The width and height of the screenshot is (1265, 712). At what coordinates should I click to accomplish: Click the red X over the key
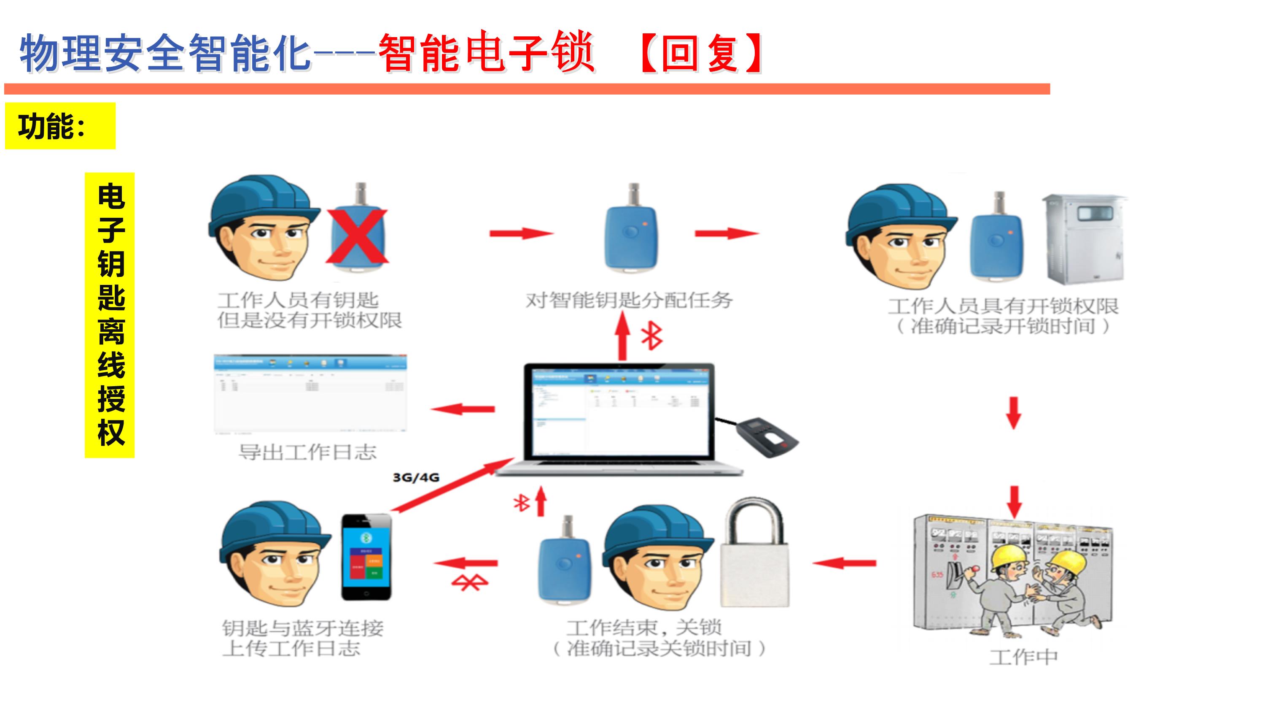pos(358,236)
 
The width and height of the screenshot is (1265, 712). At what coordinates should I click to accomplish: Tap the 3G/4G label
pos(416,477)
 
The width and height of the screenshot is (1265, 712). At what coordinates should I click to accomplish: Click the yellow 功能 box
pos(60,126)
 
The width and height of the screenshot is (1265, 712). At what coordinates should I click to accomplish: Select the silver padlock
pos(754,555)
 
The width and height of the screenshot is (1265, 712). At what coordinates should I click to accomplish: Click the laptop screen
pos(620,413)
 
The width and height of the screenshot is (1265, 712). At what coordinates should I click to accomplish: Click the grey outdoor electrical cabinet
pos(1084,239)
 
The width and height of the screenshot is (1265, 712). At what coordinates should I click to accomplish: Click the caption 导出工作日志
pos(307,452)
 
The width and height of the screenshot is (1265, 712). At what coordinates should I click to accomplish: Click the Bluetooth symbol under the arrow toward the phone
pos(469,583)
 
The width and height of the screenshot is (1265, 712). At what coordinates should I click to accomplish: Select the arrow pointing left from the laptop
pos(463,409)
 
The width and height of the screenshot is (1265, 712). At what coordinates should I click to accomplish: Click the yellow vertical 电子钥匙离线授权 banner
pos(110,315)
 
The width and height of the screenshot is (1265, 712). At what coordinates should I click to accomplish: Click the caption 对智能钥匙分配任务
pos(629,300)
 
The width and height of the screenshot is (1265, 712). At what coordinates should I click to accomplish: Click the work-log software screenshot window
pos(310,393)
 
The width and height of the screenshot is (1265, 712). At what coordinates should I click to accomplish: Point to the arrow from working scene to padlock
pos(844,563)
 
